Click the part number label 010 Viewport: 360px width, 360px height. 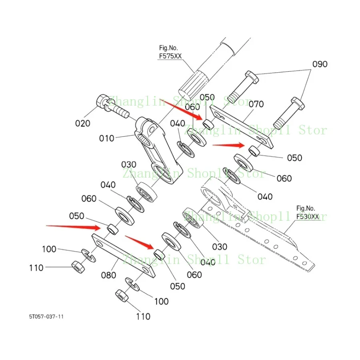point(107,138)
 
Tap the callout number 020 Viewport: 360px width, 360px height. point(83,123)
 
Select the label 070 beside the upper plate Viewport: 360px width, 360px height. point(256,104)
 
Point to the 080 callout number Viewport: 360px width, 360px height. point(108,275)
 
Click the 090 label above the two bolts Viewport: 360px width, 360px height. point(320,64)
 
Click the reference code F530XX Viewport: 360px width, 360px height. point(308,216)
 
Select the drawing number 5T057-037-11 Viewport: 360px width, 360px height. point(46,316)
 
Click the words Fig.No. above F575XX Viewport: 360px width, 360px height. point(167,48)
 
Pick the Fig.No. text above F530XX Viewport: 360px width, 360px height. point(306,208)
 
